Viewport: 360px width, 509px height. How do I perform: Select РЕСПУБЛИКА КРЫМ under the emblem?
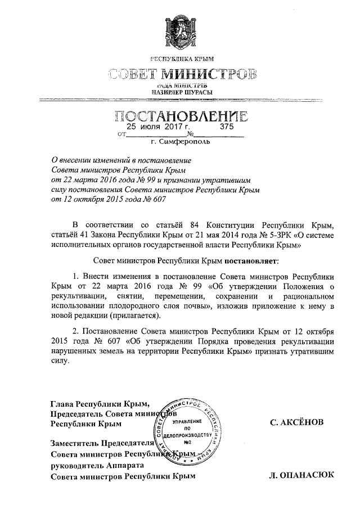[182, 59]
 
